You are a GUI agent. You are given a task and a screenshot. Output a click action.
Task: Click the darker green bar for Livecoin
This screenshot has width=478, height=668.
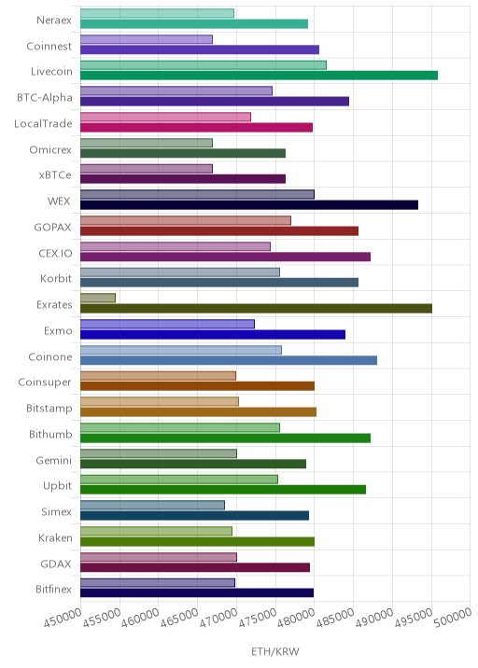click(259, 76)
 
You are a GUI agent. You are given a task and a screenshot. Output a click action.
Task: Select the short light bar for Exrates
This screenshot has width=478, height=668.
click(98, 298)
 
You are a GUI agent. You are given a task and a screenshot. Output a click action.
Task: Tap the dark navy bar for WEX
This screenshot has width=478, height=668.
click(249, 205)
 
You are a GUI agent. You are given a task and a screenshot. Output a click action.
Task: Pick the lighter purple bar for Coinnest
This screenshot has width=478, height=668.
click(147, 39)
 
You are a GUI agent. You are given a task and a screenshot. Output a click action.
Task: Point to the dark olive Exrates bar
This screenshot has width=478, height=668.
click(256, 309)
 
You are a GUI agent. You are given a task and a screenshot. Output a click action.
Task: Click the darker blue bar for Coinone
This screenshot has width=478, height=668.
click(229, 360)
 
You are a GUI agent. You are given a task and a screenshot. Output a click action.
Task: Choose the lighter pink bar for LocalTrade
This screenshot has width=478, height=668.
click(165, 117)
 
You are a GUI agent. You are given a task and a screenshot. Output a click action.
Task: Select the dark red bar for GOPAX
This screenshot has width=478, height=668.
click(219, 230)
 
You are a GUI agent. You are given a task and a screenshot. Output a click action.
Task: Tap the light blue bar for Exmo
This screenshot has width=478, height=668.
click(167, 324)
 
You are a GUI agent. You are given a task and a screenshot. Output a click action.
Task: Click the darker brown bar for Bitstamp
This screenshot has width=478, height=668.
click(198, 412)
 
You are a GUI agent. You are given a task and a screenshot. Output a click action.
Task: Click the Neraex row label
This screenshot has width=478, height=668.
click(54, 20)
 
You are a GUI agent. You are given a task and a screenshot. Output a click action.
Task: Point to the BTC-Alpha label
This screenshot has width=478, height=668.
click(45, 98)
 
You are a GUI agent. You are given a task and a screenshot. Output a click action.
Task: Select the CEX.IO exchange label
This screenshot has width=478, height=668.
click(55, 253)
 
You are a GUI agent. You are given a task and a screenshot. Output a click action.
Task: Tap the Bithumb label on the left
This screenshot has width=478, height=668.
click(50, 434)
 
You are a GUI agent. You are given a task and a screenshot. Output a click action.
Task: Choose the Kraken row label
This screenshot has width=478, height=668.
click(55, 537)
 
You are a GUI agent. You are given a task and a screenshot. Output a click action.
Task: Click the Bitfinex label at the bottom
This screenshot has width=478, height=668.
click(53, 590)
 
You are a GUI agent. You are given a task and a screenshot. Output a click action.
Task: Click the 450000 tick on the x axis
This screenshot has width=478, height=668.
click(63, 618)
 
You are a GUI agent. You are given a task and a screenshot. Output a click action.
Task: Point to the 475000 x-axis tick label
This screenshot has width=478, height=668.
click(258, 618)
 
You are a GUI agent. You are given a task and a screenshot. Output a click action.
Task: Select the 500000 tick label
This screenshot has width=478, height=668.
click(453, 618)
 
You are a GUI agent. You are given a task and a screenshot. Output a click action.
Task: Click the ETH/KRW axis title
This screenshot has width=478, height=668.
click(275, 652)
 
